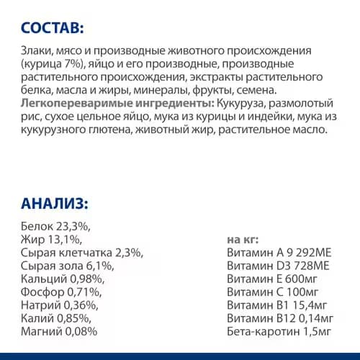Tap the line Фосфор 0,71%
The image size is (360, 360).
(x=60, y=292)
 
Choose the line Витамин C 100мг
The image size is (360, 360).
(x=272, y=292)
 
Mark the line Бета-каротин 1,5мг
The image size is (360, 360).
(x=279, y=332)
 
